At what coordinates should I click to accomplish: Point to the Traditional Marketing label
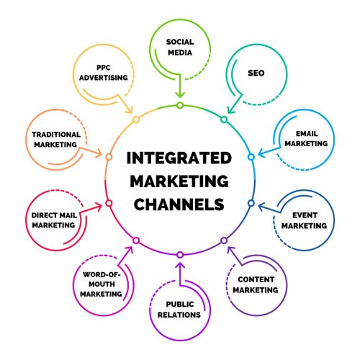pyautogui.click(x=54, y=139)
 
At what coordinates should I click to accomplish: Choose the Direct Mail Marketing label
pyautogui.click(x=53, y=220)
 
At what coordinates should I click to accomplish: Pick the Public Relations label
pyautogui.click(x=180, y=309)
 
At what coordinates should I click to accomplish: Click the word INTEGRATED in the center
pyautogui.click(x=179, y=158)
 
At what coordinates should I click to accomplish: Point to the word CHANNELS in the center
pyautogui.click(x=179, y=204)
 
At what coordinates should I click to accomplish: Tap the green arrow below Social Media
pyautogui.click(x=179, y=90)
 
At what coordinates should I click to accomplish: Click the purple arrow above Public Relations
pyautogui.click(x=179, y=271)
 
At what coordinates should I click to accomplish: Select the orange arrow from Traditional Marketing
pyautogui.click(x=91, y=153)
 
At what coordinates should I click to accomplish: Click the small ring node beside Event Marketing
pyautogui.click(x=251, y=203)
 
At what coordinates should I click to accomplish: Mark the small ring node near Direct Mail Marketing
pyautogui.click(x=109, y=203)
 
